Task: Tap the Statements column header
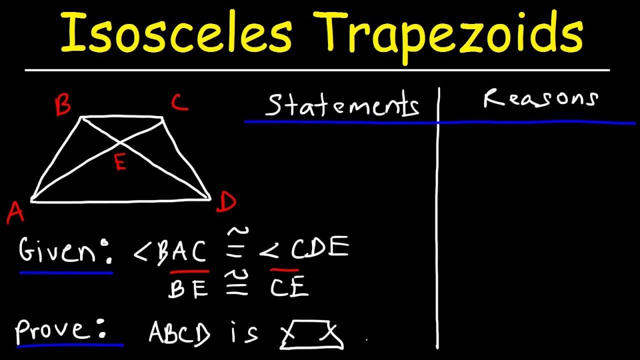click(x=342, y=105)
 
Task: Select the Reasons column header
click(x=540, y=99)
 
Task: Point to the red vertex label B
click(x=63, y=106)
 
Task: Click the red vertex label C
click(x=179, y=103)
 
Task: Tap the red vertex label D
click(x=226, y=202)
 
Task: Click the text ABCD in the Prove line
click(x=180, y=332)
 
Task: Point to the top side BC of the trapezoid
click(x=122, y=118)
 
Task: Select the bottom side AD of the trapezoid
click(x=120, y=200)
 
